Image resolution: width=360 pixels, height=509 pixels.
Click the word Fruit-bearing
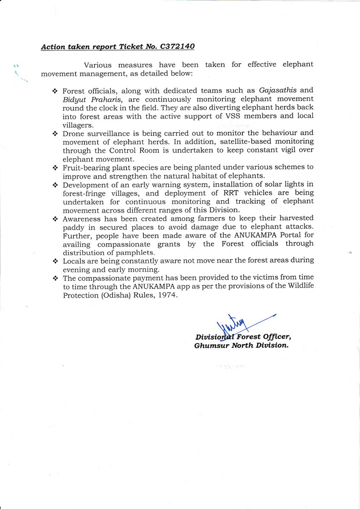82,167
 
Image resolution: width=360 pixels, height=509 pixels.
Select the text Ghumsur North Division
241,345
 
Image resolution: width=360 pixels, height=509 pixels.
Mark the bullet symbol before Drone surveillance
55,134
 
